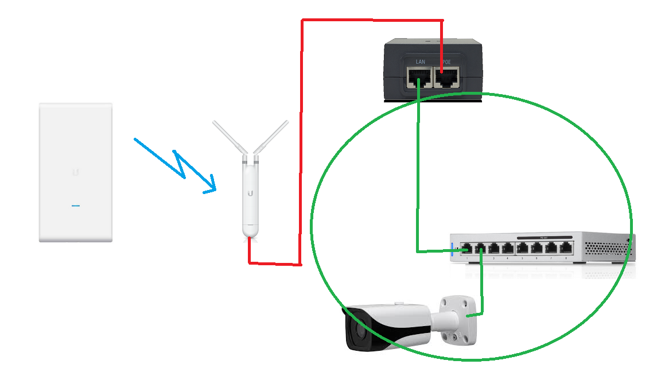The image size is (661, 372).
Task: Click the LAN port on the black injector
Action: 419,77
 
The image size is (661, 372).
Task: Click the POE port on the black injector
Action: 446,77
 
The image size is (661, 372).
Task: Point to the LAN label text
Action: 420,61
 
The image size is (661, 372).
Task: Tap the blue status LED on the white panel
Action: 75,206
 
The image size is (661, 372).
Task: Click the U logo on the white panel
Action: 75,171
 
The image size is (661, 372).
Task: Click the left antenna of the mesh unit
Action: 230,137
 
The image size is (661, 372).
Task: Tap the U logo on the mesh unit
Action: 250,193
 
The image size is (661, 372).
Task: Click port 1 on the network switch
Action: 466,249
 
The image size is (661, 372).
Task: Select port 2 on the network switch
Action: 480,249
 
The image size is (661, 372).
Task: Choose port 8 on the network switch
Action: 566,248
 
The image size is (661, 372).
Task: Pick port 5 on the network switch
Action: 523,248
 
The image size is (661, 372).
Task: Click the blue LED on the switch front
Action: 453,249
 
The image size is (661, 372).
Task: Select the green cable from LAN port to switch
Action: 418,172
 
